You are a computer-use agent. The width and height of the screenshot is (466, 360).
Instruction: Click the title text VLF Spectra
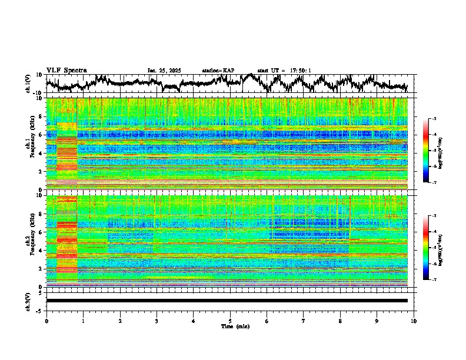[x=65, y=70]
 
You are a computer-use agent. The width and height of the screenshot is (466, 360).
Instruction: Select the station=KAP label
[x=218, y=71]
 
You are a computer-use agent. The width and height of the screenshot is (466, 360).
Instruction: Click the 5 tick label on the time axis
[x=230, y=321]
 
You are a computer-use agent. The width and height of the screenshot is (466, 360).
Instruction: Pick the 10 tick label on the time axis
[x=414, y=321]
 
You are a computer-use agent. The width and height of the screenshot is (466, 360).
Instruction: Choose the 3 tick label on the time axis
[x=157, y=321]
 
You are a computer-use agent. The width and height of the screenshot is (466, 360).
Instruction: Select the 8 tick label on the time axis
[x=340, y=321]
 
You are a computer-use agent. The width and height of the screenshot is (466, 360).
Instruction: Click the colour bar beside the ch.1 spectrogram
[x=426, y=151]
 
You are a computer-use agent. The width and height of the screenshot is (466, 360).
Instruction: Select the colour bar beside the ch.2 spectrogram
[x=426, y=248]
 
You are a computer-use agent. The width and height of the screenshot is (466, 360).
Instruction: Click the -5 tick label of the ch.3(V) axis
[x=39, y=310]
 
